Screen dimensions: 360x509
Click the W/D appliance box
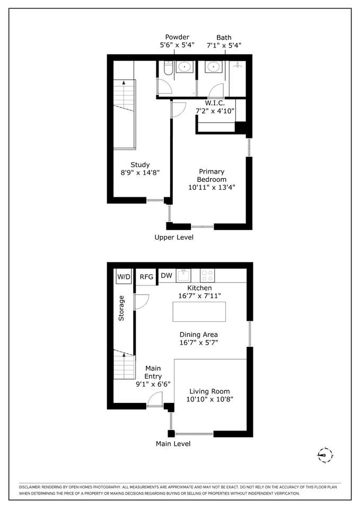coord(124,277)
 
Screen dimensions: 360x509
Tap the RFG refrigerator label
coord(146,277)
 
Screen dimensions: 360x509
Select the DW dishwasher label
coord(166,276)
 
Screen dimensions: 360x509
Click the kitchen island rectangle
coord(199,312)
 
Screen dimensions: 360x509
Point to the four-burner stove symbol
coord(207,276)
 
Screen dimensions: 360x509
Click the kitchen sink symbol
coord(183,276)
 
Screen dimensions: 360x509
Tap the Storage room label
coord(121,308)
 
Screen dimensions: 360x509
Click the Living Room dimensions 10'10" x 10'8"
coord(210,399)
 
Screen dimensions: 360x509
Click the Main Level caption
coord(173,444)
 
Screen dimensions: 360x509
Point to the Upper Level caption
coord(174,238)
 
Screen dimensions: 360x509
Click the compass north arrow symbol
coord(325,455)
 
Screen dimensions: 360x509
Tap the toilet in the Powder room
coord(168,68)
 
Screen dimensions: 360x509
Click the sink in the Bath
coord(213,67)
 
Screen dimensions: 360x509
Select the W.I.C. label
coord(215,103)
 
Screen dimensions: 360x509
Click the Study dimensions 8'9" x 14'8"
coord(140,172)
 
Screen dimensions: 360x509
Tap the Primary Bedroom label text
coord(212,175)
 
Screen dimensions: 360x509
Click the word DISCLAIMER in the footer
coord(30,487)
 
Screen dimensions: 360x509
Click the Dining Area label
coord(199,335)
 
